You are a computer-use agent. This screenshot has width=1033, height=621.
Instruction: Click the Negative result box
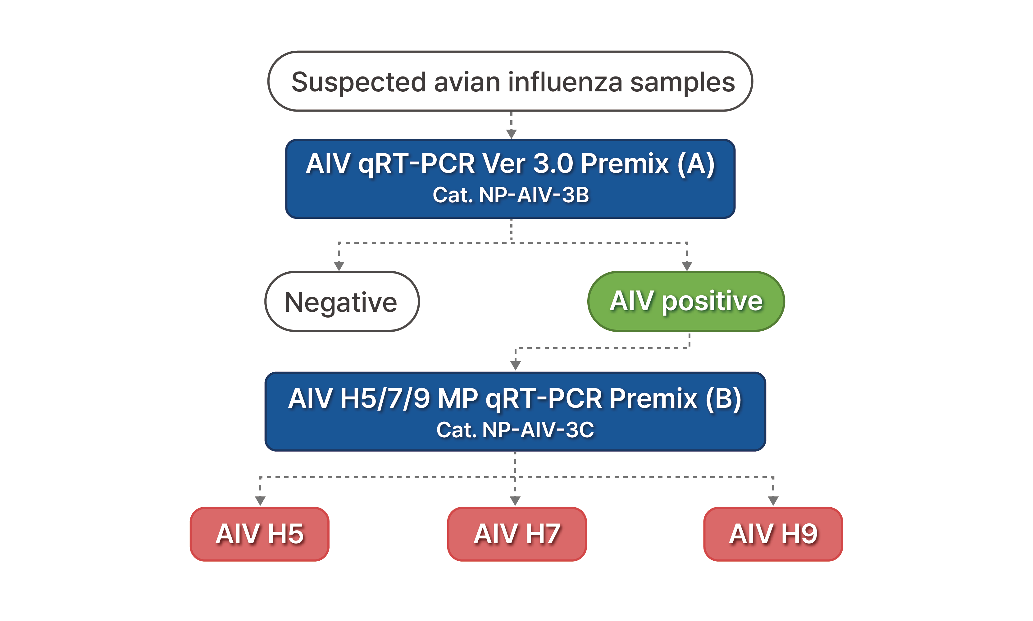[342, 301]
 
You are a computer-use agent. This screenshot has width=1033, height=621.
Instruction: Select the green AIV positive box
[686, 301]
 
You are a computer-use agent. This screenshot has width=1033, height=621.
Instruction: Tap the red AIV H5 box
[260, 534]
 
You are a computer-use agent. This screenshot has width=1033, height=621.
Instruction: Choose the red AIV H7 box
[517, 534]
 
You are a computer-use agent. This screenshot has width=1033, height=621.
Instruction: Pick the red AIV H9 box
[773, 534]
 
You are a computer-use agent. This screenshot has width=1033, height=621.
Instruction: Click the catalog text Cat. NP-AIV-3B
[511, 195]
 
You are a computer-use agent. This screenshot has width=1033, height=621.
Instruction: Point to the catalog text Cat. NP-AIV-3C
[515, 430]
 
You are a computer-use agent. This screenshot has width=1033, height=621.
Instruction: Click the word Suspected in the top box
[358, 82]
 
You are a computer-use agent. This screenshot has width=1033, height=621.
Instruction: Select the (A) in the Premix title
[696, 163]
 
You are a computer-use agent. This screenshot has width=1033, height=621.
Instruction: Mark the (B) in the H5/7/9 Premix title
[724, 399]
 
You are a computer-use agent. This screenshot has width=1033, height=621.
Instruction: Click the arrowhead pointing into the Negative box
[339, 266]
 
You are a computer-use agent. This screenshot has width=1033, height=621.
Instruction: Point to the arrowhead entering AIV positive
[687, 266]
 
